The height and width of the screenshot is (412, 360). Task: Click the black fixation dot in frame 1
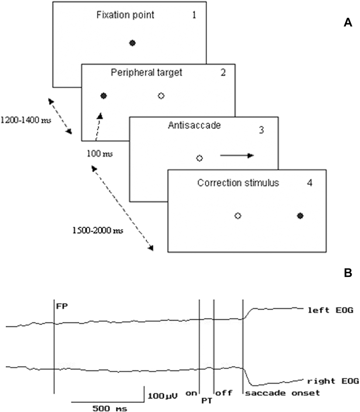[132, 43]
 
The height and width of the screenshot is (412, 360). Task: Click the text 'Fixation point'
[125, 16]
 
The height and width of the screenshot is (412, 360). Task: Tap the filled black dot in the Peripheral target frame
[104, 96]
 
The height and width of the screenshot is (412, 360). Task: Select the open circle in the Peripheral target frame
[161, 96]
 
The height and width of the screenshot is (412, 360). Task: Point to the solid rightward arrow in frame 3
[236, 155]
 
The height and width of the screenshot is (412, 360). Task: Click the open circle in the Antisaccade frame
[199, 158]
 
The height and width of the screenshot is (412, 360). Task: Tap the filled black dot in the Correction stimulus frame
[300, 216]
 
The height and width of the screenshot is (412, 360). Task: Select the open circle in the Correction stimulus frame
[238, 216]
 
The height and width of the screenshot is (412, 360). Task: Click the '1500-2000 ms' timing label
[92, 229]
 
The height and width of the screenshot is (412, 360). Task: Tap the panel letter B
[348, 273]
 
